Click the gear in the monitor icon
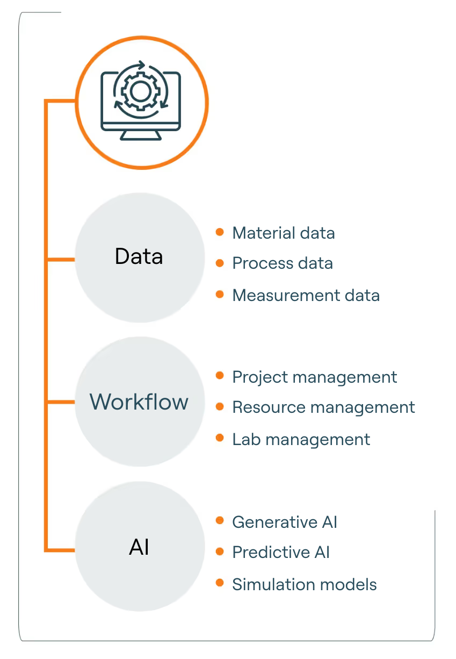pyautogui.click(x=140, y=91)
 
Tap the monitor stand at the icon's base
pyautogui.click(x=141, y=135)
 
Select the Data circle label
pyautogui.click(x=139, y=256)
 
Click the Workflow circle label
pyautogui.click(x=139, y=402)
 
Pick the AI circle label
pyautogui.click(x=139, y=547)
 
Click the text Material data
pyautogui.click(x=283, y=233)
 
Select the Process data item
pyautogui.click(x=282, y=263)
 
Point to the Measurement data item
pyautogui.click(x=306, y=295)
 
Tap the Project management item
pyautogui.click(x=314, y=377)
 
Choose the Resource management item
pyautogui.click(x=323, y=407)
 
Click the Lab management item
pyautogui.click(x=301, y=439)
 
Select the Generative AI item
pyautogui.click(x=284, y=522)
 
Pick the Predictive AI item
pyautogui.click(x=280, y=552)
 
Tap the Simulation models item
pyautogui.click(x=304, y=584)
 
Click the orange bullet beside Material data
pyautogui.click(x=220, y=232)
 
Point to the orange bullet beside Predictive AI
pyautogui.click(x=220, y=551)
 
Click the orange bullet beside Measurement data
pyautogui.click(x=220, y=294)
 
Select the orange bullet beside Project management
pyautogui.click(x=220, y=376)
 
